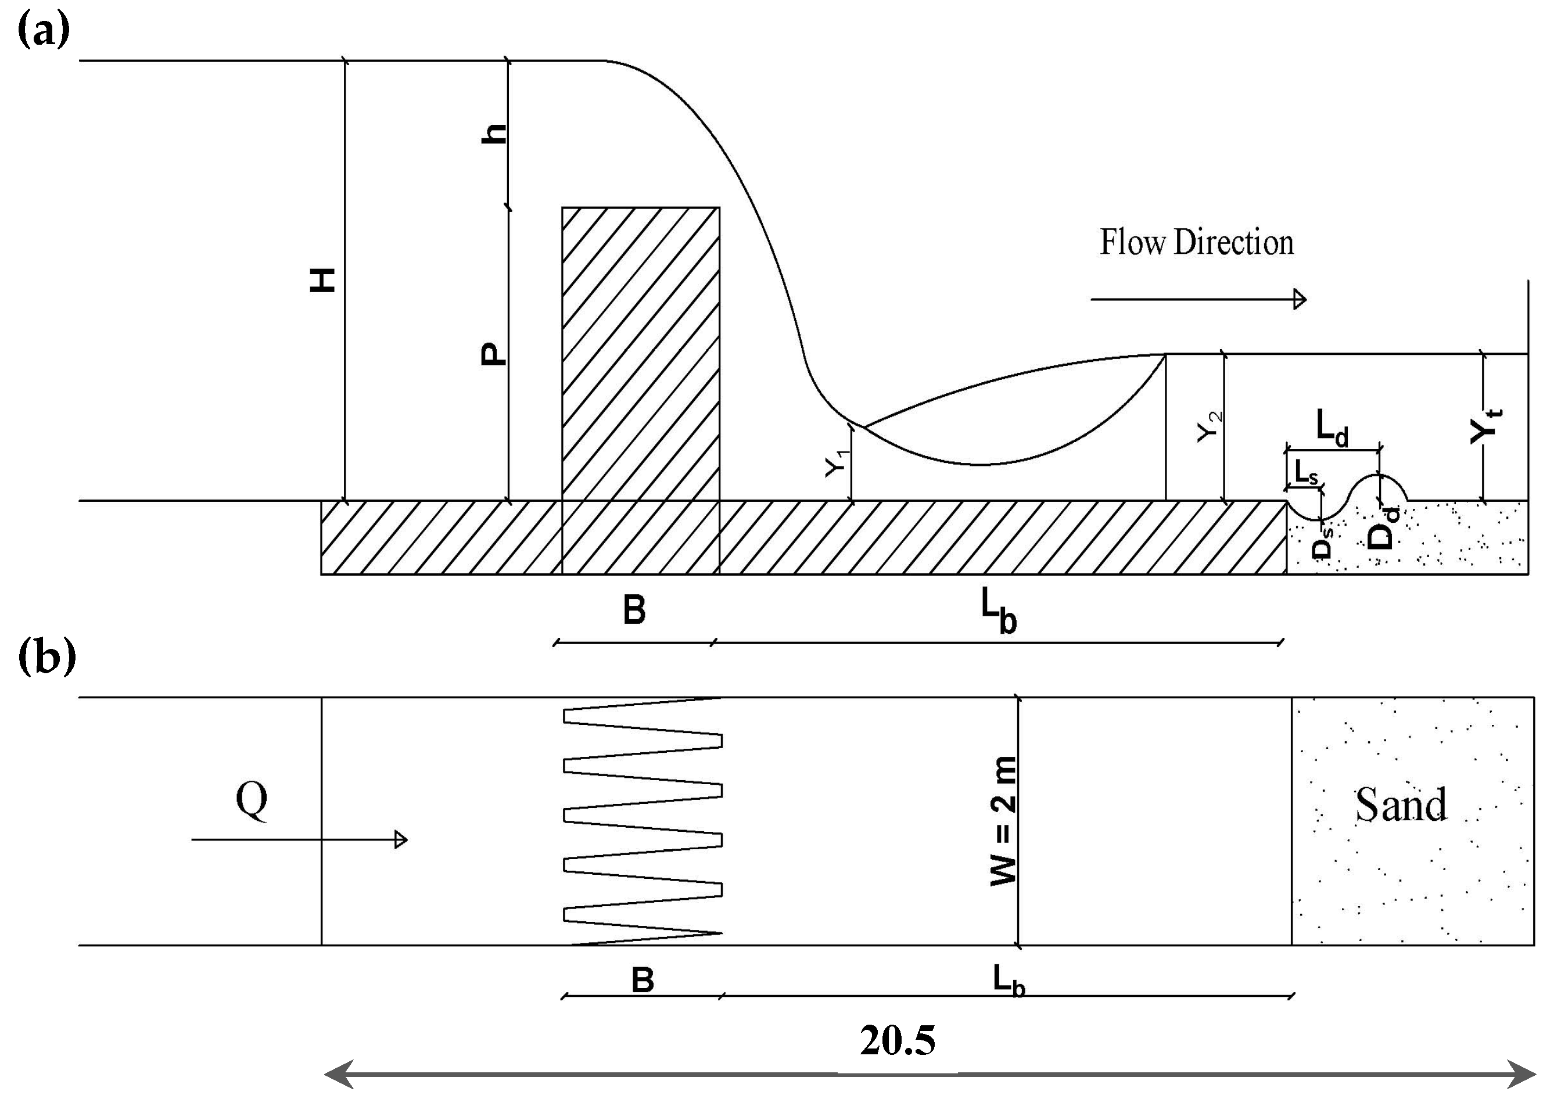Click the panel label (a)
[43, 31]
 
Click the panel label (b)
[46, 657]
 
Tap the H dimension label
[323, 280]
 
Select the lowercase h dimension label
[494, 134]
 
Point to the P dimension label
[494, 353]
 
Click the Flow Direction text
[1197, 243]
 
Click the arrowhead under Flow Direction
[1300, 299]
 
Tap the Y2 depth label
[1210, 427]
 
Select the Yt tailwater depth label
[1485, 427]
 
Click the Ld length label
[1332, 428]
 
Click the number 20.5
[897, 1040]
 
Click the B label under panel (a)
[634, 610]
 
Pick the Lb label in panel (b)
[1008, 981]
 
